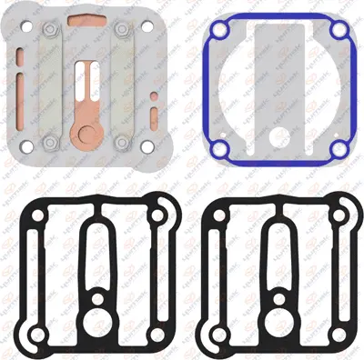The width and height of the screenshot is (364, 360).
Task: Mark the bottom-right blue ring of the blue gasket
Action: click(338, 145)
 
